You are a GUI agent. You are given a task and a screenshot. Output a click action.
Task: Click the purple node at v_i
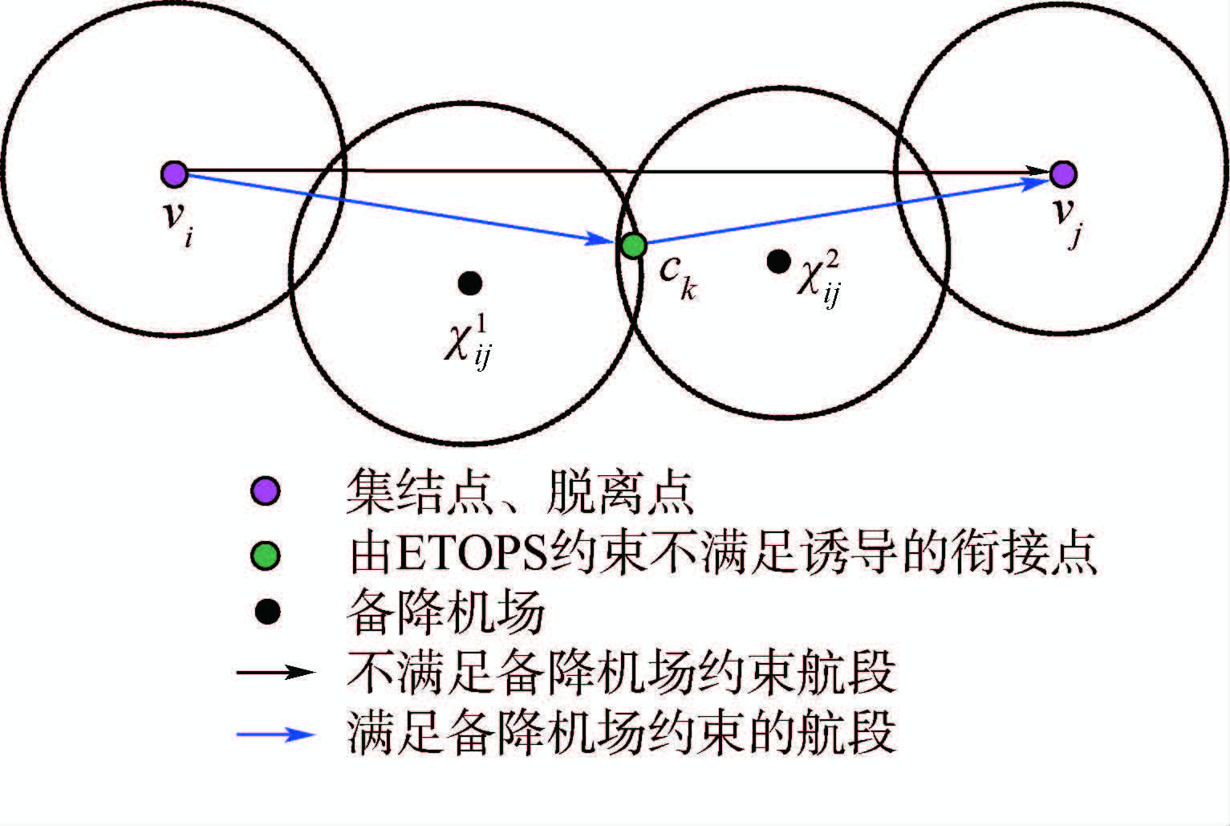[x=174, y=173]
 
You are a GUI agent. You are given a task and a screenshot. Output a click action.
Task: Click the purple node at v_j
[x=1063, y=173]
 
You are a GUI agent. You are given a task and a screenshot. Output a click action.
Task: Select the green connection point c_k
[x=633, y=245]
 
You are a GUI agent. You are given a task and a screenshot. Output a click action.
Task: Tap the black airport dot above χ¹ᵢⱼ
[x=469, y=283]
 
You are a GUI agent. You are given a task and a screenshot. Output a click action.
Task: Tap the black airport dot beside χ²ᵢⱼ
[x=777, y=261]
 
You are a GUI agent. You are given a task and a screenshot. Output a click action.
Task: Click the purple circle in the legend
[x=266, y=490]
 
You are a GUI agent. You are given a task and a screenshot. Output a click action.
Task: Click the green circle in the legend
[x=266, y=555]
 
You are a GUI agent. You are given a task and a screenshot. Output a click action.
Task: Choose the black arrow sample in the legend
[x=275, y=671]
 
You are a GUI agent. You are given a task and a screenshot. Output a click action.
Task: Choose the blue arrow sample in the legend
[x=275, y=734]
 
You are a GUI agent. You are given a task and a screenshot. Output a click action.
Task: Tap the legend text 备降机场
[x=445, y=612]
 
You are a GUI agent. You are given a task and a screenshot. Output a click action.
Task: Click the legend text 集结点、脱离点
[x=519, y=491]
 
